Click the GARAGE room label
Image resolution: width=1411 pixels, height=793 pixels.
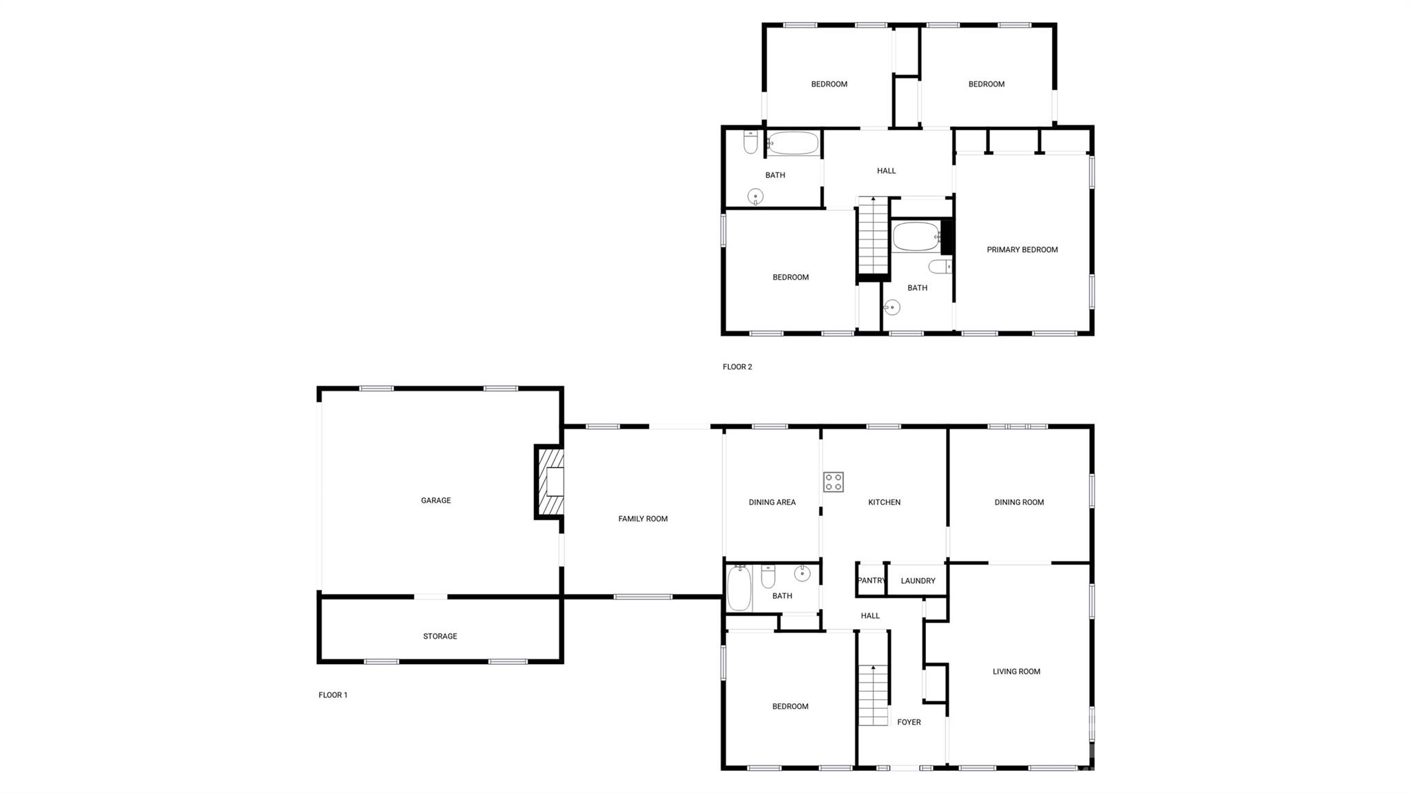click(435, 500)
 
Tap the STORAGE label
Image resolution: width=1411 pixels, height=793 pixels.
click(440, 636)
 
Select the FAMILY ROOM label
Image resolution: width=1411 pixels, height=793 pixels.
click(643, 519)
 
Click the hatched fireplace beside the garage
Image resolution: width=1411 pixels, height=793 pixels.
click(550, 482)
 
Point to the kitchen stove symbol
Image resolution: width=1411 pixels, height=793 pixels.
click(833, 482)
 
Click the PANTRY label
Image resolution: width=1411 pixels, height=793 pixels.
click(871, 580)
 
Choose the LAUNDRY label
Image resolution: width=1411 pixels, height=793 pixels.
click(918, 581)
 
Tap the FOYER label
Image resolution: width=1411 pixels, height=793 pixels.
click(909, 722)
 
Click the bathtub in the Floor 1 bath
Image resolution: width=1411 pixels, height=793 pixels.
click(739, 588)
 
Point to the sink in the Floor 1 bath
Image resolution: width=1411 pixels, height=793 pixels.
click(802, 573)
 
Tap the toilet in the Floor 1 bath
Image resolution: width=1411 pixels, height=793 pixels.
click(768, 575)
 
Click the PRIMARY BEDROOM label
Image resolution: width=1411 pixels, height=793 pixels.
click(1022, 249)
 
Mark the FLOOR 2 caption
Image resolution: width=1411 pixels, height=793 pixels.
click(737, 367)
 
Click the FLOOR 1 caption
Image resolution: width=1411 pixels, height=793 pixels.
click(333, 695)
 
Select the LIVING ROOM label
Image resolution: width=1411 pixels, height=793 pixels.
click(1016, 671)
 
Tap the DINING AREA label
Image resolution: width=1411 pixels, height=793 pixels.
click(772, 502)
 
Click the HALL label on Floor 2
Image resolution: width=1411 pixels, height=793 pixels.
click(886, 171)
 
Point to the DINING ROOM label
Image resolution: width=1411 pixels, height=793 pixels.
click(1019, 502)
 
